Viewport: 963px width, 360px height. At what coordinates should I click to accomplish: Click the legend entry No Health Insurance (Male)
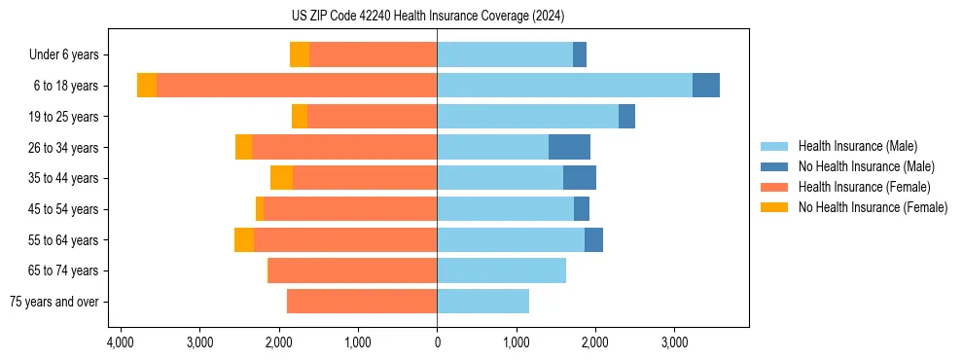[x=866, y=166]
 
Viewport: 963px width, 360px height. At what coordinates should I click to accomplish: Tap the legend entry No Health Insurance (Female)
[x=873, y=207]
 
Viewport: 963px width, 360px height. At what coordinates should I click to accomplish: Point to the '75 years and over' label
[x=53, y=302]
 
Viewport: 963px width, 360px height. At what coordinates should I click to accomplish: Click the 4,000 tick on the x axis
[x=121, y=342]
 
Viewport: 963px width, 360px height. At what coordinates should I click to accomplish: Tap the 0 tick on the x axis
[x=437, y=342]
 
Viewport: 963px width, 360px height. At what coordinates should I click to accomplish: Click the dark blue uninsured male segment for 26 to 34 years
[x=569, y=147]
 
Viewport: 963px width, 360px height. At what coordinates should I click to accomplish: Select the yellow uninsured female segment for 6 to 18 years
[x=147, y=86]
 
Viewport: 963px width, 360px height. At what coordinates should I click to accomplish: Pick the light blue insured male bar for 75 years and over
[x=482, y=302]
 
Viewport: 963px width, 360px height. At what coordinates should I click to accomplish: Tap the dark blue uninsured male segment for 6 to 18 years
[x=706, y=86]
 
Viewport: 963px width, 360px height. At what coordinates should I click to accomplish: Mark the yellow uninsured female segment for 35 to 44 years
[x=281, y=178]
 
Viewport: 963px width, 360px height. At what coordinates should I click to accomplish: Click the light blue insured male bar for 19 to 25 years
[x=527, y=117]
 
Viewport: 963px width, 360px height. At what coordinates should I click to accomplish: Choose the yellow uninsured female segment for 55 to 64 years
[x=244, y=239]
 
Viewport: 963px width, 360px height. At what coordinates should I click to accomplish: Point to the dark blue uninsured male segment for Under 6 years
[x=580, y=54]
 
